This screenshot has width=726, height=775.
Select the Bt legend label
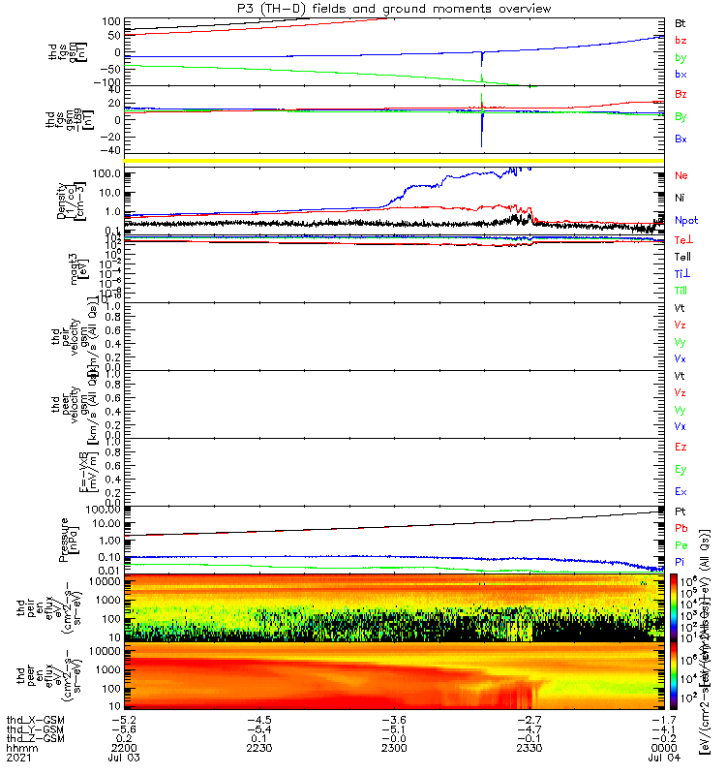coord(681,22)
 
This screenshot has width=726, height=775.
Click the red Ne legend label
coord(681,176)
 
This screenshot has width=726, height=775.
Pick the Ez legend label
coord(681,448)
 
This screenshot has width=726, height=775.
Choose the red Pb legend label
coord(681,528)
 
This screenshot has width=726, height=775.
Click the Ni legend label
coord(681,199)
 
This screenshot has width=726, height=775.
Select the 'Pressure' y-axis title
coord(63,540)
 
